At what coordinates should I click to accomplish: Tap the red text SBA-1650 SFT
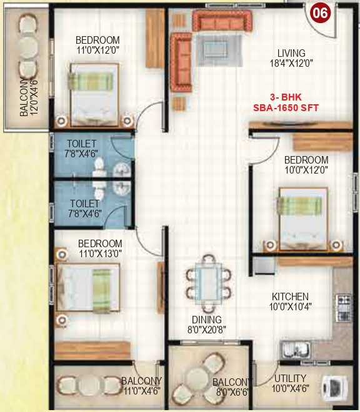(286, 107)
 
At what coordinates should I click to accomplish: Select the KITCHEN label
(289, 297)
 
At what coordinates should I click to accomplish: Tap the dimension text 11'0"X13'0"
(99, 253)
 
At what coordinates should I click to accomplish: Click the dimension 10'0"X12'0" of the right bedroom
(306, 170)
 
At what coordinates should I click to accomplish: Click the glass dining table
(206, 280)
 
